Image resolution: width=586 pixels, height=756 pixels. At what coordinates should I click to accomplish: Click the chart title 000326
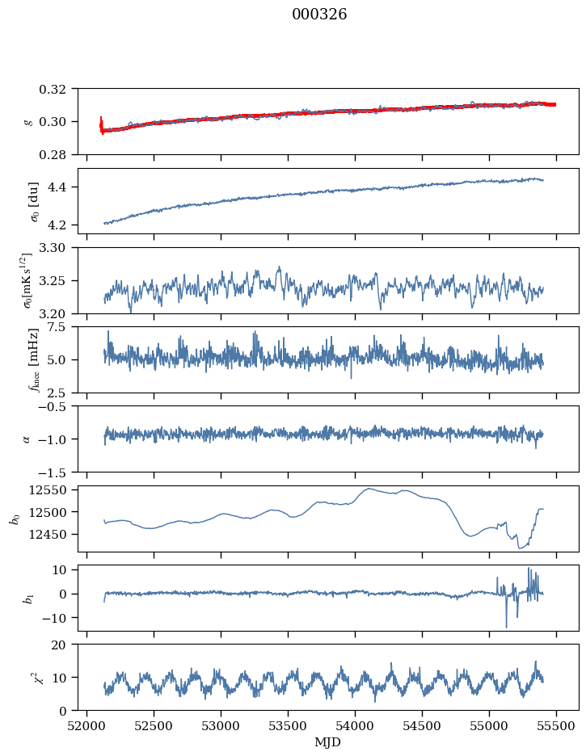319,15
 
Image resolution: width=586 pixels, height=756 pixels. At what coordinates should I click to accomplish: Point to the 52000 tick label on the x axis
87,725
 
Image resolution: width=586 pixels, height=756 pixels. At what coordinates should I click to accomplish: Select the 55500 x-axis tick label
555,725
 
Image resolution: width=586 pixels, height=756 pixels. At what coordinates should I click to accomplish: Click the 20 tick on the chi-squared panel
63,645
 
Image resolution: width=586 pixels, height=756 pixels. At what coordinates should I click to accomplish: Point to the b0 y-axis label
15,518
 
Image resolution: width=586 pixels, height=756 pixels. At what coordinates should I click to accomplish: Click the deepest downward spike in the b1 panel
507,627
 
